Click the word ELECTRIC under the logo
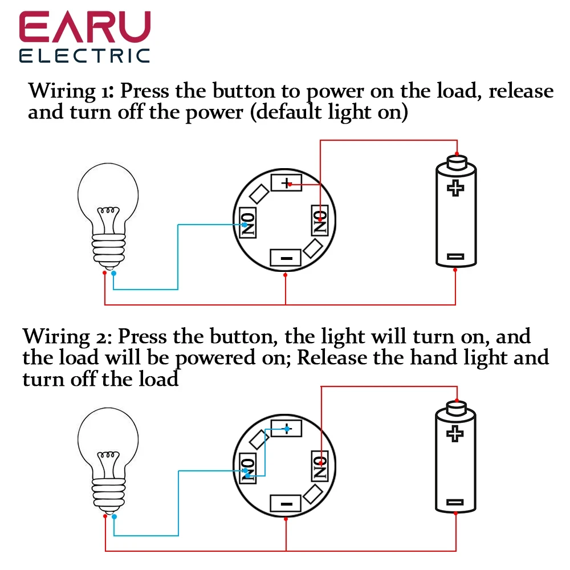[84, 55]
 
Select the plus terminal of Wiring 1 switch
[286, 183]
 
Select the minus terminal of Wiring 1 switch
[287, 258]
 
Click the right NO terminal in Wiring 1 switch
[320, 222]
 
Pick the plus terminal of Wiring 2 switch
[286, 428]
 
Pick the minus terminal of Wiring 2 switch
[287, 503]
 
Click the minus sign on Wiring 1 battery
[455, 256]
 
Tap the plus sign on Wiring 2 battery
[455, 433]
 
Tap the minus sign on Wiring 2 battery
[455, 502]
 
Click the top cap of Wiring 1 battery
[455, 161]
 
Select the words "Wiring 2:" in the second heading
[66, 336]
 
